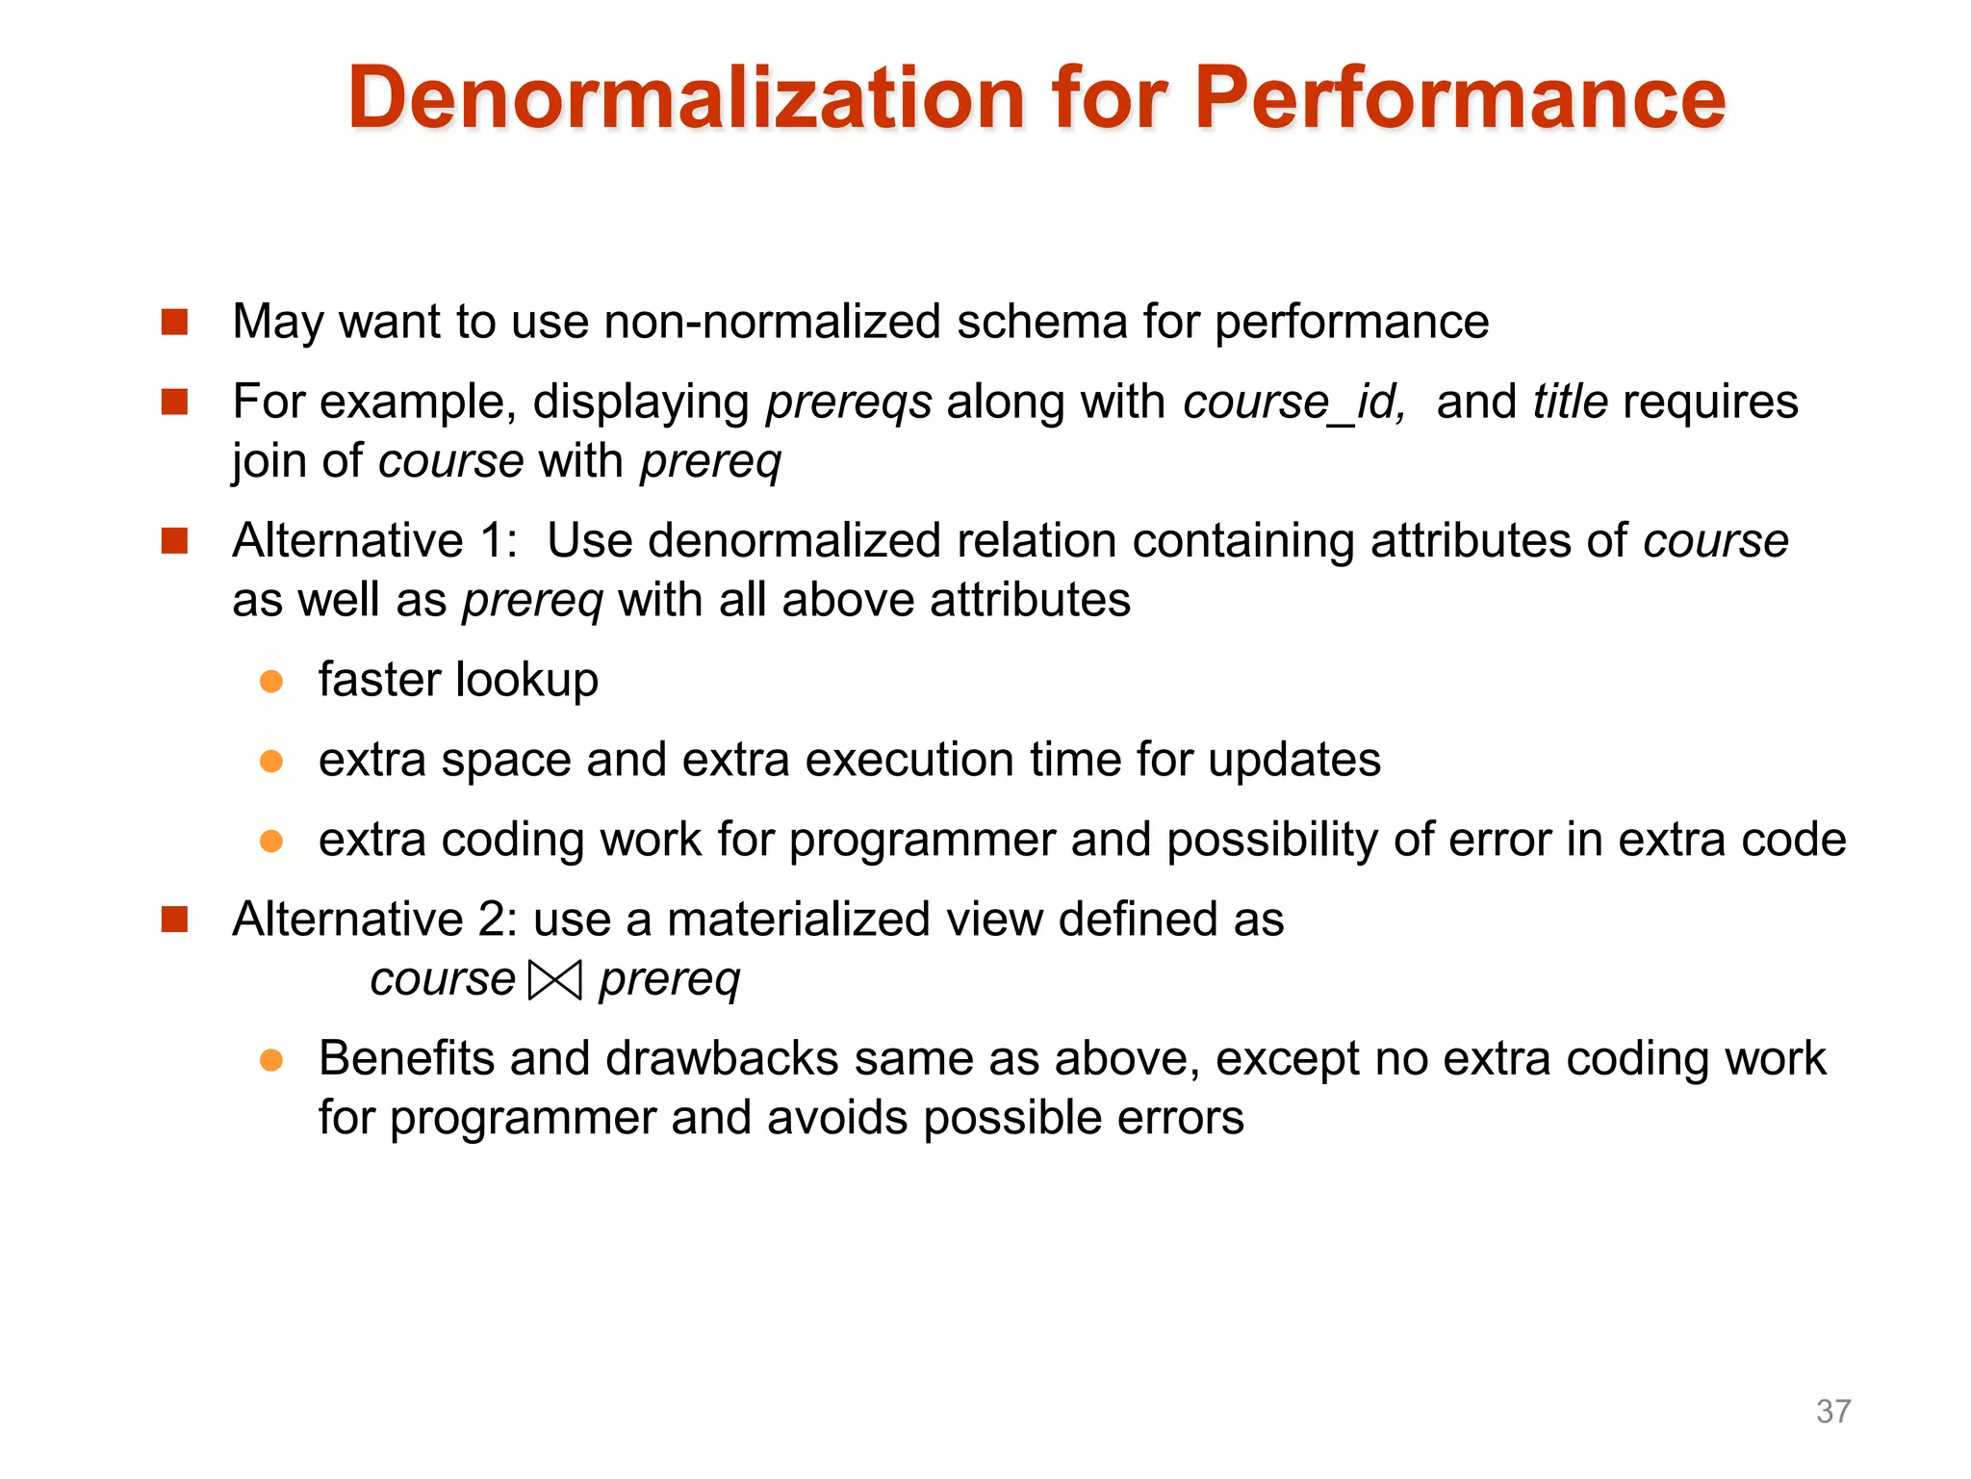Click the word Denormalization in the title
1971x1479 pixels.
[x=686, y=98]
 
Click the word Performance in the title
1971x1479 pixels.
[x=1460, y=98]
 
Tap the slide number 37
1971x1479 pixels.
[x=1832, y=1411]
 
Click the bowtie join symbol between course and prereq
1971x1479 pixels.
[x=556, y=981]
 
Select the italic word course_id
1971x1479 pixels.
[x=1294, y=402]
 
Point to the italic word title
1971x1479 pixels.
[x=1570, y=402]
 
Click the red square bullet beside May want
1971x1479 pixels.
[x=174, y=322]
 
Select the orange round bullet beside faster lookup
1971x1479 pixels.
[x=271, y=682]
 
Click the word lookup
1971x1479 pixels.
[x=526, y=681]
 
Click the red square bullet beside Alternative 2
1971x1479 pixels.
[x=174, y=920]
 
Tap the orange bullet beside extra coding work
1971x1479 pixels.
[x=271, y=842]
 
